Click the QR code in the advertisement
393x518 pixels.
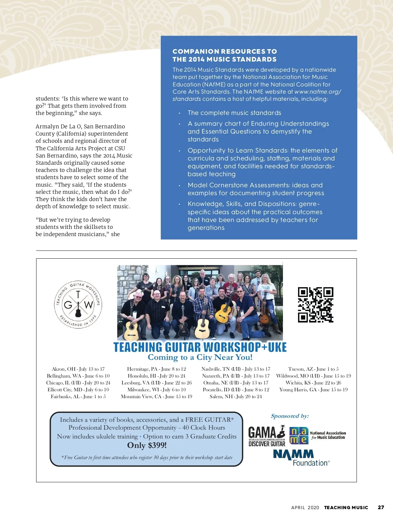point(315,305)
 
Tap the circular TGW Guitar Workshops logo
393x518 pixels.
point(78,304)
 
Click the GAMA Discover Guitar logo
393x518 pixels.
point(267,436)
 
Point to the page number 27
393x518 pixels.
point(381,507)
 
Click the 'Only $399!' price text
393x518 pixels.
point(147,445)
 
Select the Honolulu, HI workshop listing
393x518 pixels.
point(157,376)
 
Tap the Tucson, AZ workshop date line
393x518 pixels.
point(313,369)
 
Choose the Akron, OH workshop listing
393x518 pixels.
point(78,369)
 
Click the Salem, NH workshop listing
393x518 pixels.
point(236,397)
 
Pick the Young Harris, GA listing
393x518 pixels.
point(313,390)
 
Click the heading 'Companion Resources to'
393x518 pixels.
point(225,51)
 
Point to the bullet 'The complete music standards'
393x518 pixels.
point(234,113)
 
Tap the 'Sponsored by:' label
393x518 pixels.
point(290,416)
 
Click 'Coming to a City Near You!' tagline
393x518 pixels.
point(200,357)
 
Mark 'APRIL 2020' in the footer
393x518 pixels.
point(305,508)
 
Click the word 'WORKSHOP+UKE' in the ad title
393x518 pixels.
point(245,347)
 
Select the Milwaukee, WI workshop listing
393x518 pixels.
point(157,390)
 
